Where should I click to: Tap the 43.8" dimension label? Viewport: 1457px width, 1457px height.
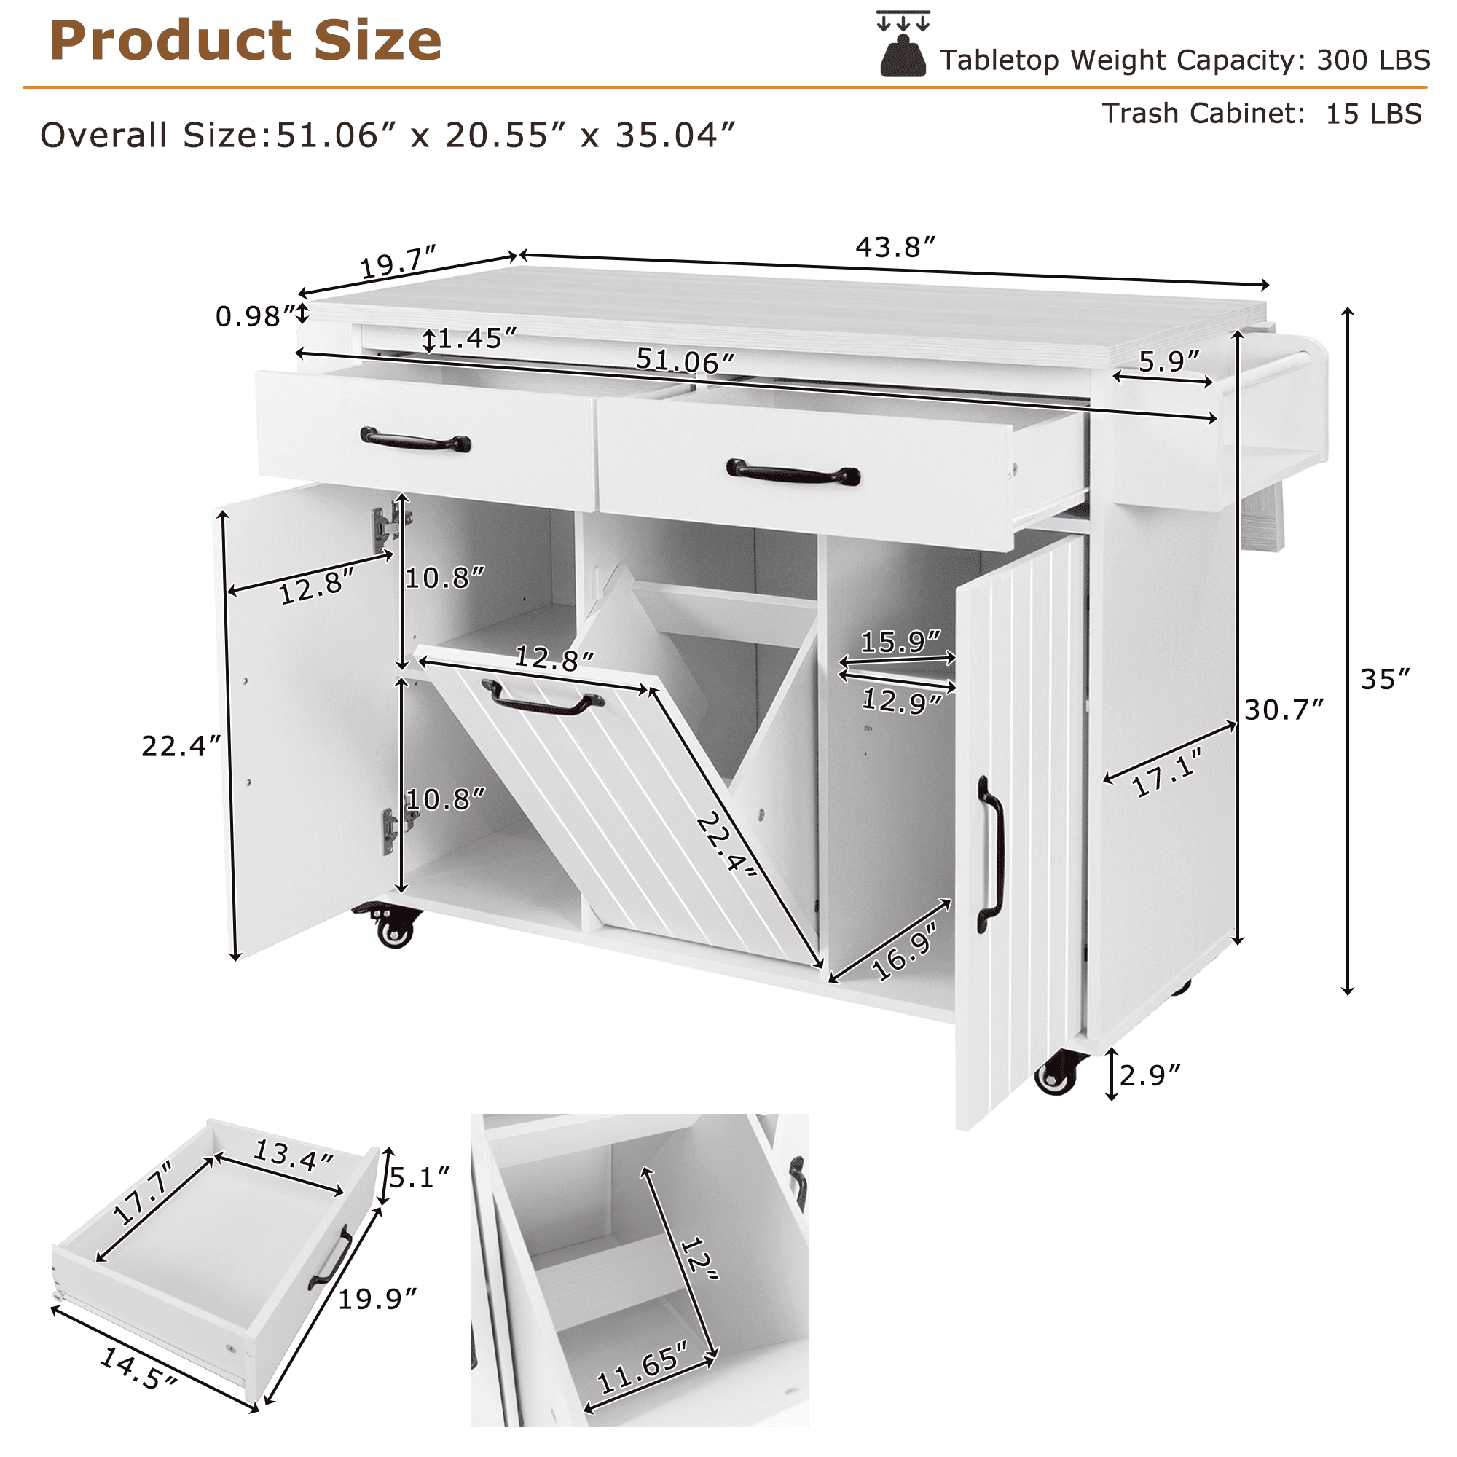pyautogui.click(x=895, y=248)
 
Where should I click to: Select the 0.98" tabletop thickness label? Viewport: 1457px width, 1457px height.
pyautogui.click(x=254, y=316)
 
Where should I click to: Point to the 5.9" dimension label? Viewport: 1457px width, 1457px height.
pyautogui.click(x=1169, y=362)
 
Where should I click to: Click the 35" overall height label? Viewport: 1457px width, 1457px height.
pyautogui.click(x=1385, y=680)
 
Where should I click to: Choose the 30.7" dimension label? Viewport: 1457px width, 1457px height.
pyautogui.click(x=1284, y=710)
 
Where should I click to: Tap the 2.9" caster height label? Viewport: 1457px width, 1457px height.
pyautogui.click(x=1150, y=1075)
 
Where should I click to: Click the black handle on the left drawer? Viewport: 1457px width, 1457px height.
pyautogui.click(x=415, y=440)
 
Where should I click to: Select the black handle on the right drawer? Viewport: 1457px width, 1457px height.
pyautogui.click(x=793, y=471)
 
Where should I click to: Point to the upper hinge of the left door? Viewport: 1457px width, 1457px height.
pyautogui.click(x=390, y=522)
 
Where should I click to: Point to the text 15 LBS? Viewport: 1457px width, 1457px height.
pyautogui.click(x=1374, y=114)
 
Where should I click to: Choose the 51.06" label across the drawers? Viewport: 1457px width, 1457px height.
pyautogui.click(x=685, y=361)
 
